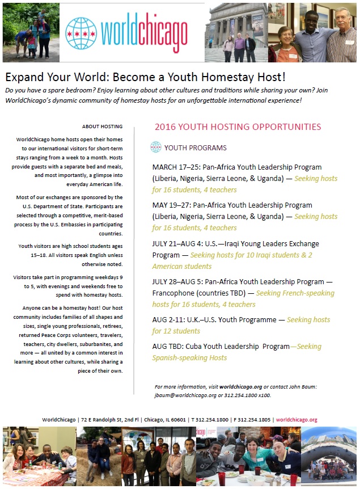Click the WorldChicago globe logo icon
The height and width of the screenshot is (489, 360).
pos(81,33)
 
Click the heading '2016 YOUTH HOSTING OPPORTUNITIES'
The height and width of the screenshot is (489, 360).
pos(238,127)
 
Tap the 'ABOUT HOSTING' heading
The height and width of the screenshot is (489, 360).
pos(102,127)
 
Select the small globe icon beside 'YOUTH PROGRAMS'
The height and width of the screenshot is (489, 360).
pos(156,147)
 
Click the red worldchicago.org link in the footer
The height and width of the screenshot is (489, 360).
pos(297,420)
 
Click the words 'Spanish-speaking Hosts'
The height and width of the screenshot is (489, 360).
pos(189,358)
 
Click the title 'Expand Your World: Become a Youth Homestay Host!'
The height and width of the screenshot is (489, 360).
pos(145,77)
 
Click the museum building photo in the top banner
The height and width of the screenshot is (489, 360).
pos(236,32)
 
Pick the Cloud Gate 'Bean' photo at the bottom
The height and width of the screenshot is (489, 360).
pos(328,456)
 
